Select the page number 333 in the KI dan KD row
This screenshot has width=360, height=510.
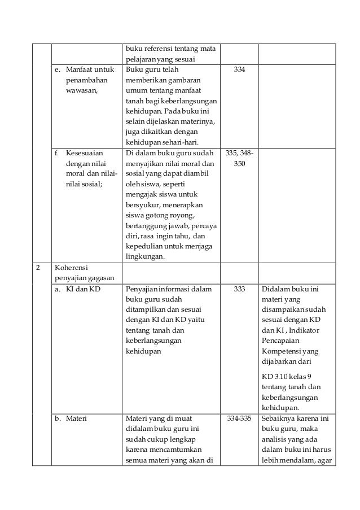click(x=239, y=289)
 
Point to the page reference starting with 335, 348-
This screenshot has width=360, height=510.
click(x=239, y=154)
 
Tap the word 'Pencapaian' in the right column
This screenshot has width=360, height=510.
click(x=281, y=341)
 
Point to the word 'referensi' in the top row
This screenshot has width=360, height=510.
click(x=157, y=48)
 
